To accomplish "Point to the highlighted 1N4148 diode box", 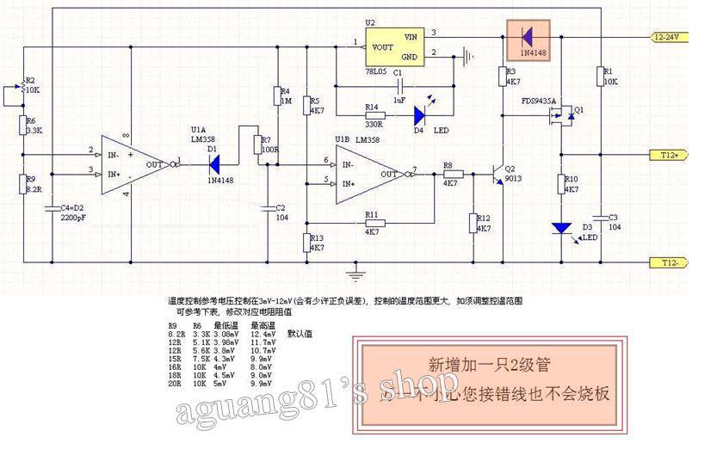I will pyautogui.click(x=528, y=37).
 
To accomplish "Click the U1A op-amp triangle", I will pyautogui.click(x=130, y=163).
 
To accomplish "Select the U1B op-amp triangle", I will pyautogui.click(x=369, y=172).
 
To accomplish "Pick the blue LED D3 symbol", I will pyautogui.click(x=562, y=228).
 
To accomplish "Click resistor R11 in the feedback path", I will pyautogui.click(x=372, y=224).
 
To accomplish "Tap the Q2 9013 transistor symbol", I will pyautogui.click(x=498, y=175).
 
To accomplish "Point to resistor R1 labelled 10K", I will pyautogui.click(x=599, y=77).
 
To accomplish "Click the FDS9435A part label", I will pyautogui.click(x=539, y=101).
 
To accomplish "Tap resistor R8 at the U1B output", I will pyautogui.click(x=454, y=174).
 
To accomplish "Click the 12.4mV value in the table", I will pyautogui.click(x=263, y=334).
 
